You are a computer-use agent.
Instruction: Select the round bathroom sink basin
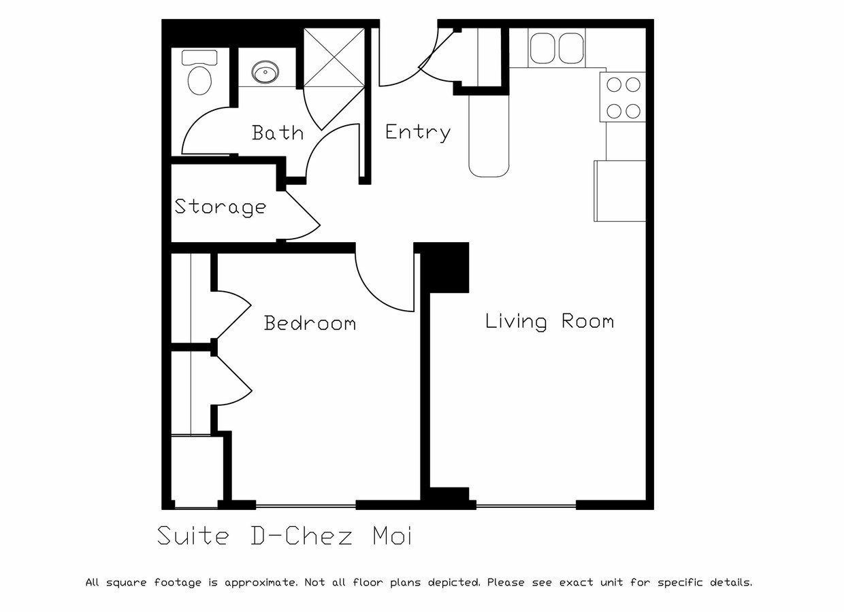click(x=265, y=72)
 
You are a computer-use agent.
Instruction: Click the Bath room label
click(x=278, y=133)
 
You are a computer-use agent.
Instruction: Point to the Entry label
click(x=418, y=133)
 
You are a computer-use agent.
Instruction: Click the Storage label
click(x=221, y=207)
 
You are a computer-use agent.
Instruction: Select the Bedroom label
click(x=310, y=323)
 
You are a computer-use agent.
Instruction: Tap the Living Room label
click(x=550, y=322)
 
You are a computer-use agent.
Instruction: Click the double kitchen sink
click(x=557, y=48)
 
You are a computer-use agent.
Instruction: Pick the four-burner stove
click(x=623, y=97)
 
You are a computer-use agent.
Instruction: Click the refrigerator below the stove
click(x=620, y=191)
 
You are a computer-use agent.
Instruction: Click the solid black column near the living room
click(x=444, y=268)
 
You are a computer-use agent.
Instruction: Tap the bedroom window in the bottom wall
click(x=306, y=506)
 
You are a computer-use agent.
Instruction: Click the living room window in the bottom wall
click(x=526, y=506)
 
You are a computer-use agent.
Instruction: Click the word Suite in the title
click(x=193, y=536)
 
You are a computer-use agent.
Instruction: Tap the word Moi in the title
click(x=392, y=536)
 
